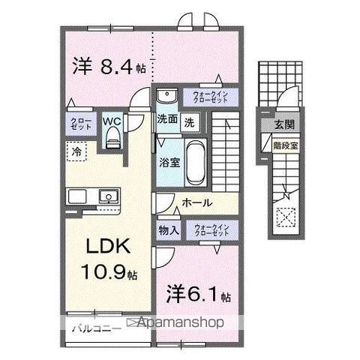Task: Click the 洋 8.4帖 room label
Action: pos(109,67)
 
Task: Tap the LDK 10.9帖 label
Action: pos(108,259)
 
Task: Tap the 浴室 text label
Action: pos(167,160)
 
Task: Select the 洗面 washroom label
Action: pos(167,119)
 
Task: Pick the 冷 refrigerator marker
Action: pos(76,151)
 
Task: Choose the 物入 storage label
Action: pos(168,231)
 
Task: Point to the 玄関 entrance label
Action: pos(283,124)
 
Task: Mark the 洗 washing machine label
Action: pos(190,121)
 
